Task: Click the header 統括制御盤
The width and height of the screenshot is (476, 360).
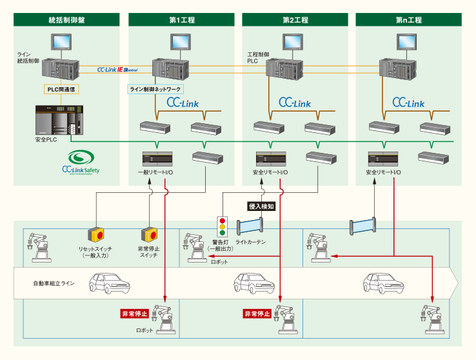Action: (67, 20)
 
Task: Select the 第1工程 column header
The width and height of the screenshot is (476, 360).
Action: (182, 20)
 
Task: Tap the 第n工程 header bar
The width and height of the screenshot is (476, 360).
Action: (408, 20)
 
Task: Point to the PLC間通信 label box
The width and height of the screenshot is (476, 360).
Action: (62, 89)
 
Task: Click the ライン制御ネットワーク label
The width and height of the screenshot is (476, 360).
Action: (156, 89)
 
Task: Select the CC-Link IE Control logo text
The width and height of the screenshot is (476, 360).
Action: (117, 69)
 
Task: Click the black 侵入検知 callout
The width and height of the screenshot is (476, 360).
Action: (262, 206)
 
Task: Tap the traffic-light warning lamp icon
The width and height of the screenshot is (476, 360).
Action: (223, 228)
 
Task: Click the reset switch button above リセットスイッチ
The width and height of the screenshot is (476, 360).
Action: (95, 235)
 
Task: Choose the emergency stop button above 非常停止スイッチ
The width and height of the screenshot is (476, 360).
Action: (149, 235)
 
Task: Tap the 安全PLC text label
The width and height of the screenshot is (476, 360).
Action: (45, 139)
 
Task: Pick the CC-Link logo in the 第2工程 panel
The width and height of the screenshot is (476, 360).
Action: (295, 103)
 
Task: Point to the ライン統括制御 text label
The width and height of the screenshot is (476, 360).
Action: (28, 57)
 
